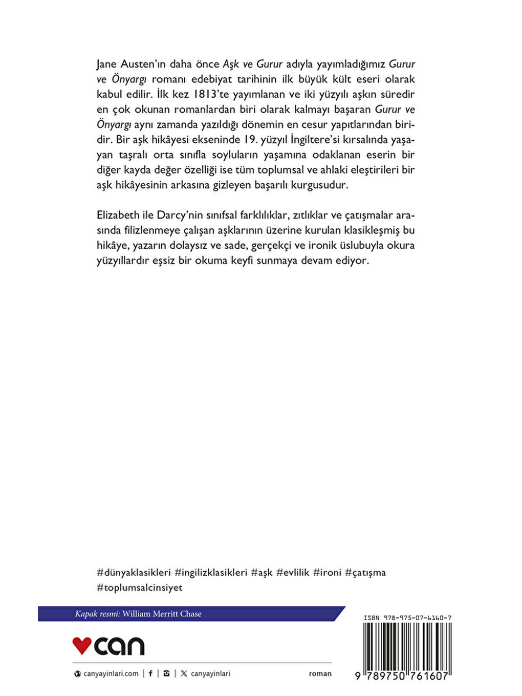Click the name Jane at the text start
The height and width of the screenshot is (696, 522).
107,64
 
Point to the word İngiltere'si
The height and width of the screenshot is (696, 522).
320,140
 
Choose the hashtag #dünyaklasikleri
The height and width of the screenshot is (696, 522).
134,572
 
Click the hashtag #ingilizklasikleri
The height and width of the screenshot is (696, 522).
211,572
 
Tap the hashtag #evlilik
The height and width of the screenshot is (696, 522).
293,572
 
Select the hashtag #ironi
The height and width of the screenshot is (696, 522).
327,572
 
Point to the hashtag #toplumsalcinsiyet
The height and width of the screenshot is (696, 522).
140,588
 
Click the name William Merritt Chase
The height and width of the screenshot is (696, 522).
162,614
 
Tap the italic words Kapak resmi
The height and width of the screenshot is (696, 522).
97,614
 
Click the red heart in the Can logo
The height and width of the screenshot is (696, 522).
82,645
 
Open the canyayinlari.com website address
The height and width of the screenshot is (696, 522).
111,673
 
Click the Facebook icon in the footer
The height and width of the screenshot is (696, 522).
150,673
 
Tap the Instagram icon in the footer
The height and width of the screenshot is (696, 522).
166,673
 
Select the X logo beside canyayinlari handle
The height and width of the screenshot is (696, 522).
184,673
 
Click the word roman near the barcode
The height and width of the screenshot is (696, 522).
320,673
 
